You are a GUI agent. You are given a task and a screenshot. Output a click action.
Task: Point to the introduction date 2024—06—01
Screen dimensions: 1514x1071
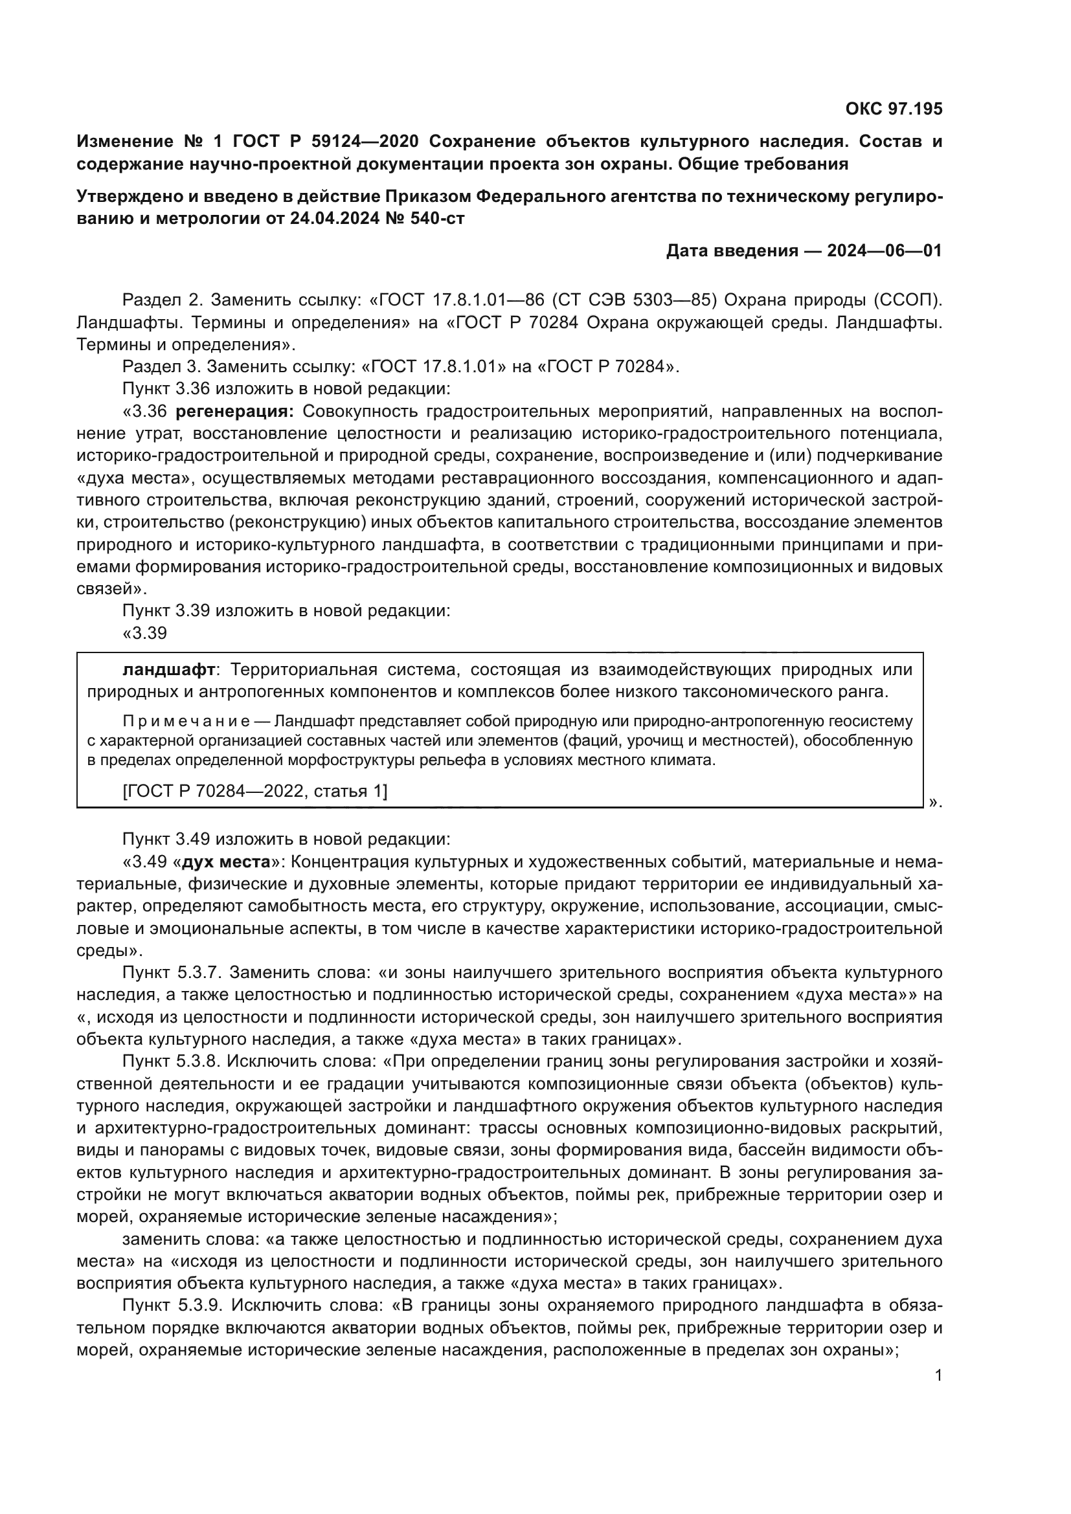(885, 250)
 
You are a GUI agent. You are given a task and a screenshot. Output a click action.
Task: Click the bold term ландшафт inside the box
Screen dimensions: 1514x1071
(169, 669)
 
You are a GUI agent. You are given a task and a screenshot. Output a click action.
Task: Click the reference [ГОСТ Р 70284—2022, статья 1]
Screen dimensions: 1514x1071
(255, 790)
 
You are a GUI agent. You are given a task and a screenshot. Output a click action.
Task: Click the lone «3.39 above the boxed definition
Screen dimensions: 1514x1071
(144, 633)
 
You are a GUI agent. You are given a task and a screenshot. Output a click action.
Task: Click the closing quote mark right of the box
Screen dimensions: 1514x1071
(934, 802)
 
